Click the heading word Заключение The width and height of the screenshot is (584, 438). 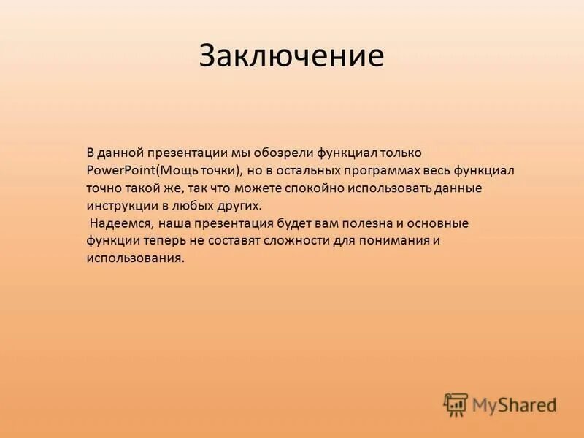pos(291,56)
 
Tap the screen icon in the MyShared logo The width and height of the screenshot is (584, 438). pos(456,404)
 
